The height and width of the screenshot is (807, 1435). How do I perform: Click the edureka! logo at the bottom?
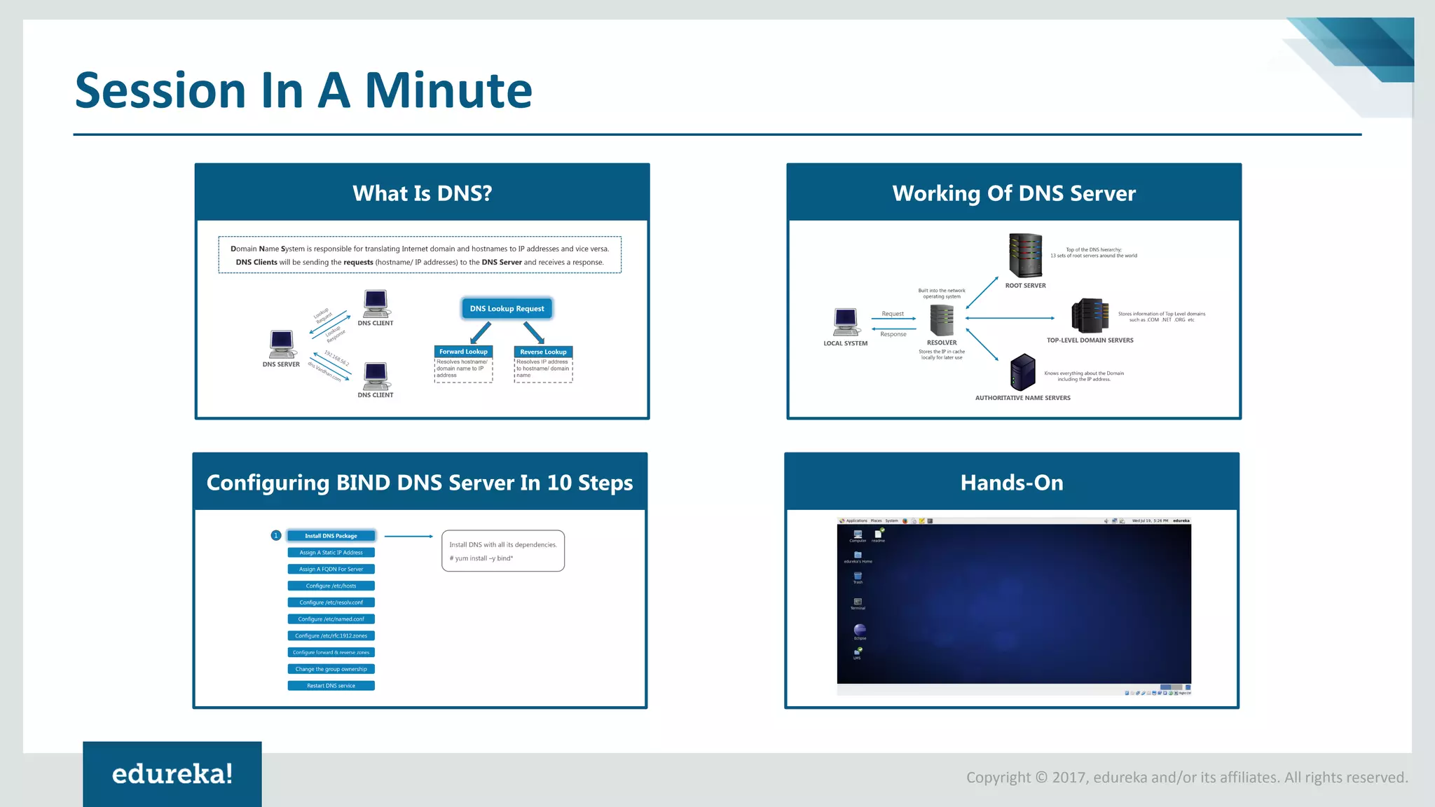point(172,773)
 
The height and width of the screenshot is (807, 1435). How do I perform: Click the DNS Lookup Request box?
point(507,308)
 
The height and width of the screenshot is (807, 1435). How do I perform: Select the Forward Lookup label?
point(463,352)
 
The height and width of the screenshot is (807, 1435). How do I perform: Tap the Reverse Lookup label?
point(543,352)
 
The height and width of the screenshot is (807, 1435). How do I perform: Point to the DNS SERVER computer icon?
point(282,343)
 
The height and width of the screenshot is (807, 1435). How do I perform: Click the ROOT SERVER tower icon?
point(1025,256)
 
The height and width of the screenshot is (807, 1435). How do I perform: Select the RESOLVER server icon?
point(942,321)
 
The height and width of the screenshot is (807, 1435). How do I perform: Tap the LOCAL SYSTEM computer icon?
point(846,322)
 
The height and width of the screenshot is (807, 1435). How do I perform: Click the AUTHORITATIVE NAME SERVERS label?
point(1022,398)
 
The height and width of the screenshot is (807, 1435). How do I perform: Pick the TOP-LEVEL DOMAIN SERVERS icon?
point(1090,315)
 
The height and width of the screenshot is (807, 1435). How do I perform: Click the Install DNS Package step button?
point(331,536)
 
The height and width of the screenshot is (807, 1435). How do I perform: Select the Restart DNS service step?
point(331,686)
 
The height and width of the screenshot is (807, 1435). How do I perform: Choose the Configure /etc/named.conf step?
point(331,619)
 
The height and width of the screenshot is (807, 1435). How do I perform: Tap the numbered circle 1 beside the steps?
point(276,536)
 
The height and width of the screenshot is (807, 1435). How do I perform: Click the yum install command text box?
point(502,551)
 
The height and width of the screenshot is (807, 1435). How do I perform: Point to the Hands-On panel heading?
point(1011,483)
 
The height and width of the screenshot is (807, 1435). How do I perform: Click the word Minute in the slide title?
point(448,91)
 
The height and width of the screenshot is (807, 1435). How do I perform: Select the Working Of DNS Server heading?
point(1013,193)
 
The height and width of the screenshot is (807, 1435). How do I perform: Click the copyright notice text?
point(1187,778)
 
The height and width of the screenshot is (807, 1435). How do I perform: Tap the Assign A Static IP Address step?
point(331,553)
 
